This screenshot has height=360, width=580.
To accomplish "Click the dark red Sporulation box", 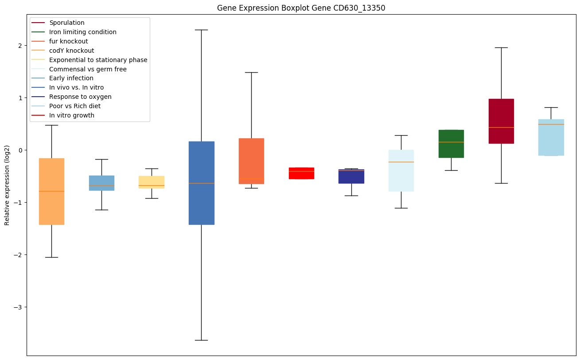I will click(501, 121).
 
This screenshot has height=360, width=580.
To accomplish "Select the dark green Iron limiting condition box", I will click(451, 144).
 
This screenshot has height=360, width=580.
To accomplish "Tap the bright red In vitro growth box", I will click(301, 173).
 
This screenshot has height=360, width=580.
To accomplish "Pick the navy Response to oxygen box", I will click(351, 176).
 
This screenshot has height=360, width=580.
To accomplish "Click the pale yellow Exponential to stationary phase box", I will click(152, 182).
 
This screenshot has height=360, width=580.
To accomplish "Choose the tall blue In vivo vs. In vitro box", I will click(202, 183).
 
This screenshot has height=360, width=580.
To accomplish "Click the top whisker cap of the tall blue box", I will click(202, 30).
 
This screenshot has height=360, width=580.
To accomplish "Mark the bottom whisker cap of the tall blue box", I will click(202, 340).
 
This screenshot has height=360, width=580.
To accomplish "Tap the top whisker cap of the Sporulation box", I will click(501, 47).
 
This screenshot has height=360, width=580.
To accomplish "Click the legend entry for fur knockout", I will click(69, 41).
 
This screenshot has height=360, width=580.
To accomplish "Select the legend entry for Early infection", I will click(71, 78).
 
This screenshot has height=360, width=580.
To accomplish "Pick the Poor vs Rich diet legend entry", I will click(75, 106).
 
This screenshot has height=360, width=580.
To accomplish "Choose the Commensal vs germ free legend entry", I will click(88, 69).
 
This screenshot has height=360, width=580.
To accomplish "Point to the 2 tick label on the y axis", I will click(20, 45).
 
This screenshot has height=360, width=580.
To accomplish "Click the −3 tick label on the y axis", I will click(18, 307).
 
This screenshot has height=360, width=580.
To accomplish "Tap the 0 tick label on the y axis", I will click(20, 150).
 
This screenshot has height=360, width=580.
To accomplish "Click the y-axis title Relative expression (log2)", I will click(7, 185).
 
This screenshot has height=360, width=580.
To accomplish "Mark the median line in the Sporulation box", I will click(501, 127).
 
